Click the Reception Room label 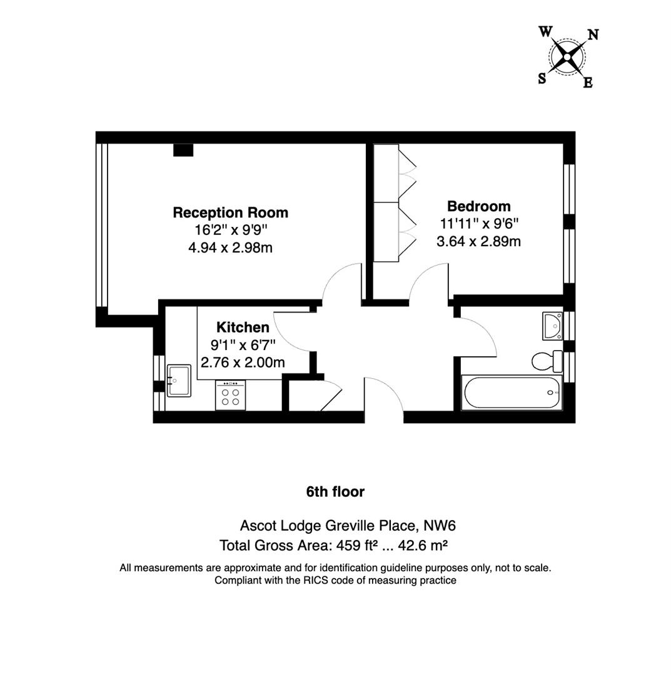coord(230,212)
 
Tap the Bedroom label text coord(478,206)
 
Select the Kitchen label coord(243,327)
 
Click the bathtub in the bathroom coord(512,392)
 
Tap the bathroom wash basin coord(552,326)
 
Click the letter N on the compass coord(593,35)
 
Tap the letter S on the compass coord(542,79)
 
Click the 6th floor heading coord(335,492)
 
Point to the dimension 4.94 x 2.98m coord(230,247)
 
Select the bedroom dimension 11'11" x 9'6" coord(478,223)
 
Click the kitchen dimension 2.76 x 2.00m coord(243,362)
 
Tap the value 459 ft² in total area coord(356,546)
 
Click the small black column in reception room coord(183,150)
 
